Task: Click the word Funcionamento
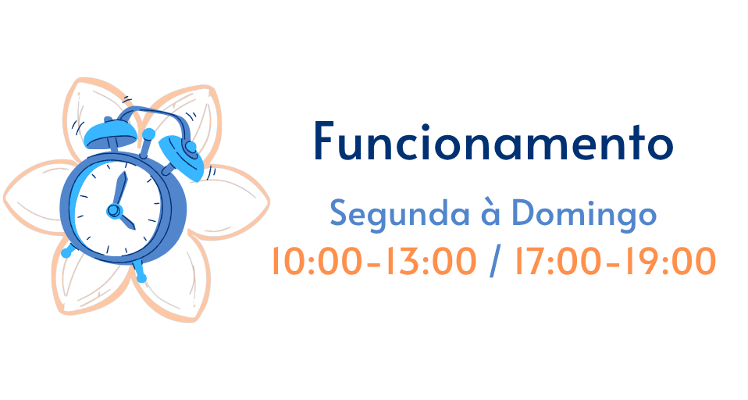click(493, 141)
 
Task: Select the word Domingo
click(584, 214)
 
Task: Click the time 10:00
click(319, 261)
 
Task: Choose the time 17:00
click(561, 261)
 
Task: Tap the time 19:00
click(670, 261)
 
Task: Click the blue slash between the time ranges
click(496, 261)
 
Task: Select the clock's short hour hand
click(125, 220)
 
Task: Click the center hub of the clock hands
click(113, 210)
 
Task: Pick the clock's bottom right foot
click(140, 272)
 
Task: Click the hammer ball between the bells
click(149, 134)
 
